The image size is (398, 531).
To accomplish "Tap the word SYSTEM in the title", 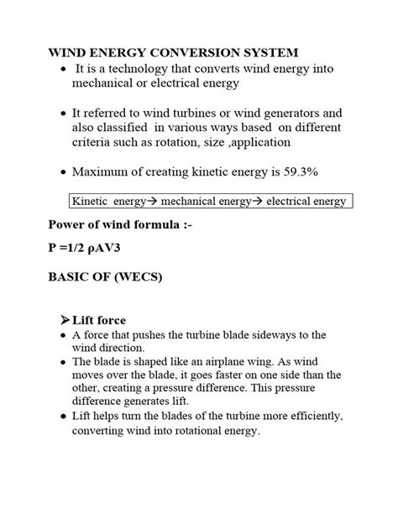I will pos(266,52).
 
